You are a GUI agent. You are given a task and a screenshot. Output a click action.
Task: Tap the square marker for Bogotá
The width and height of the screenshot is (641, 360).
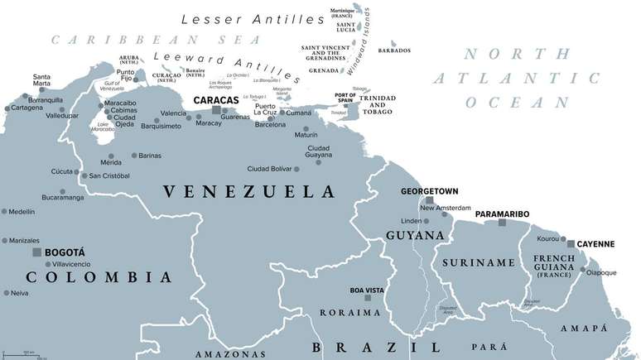[x=36, y=252]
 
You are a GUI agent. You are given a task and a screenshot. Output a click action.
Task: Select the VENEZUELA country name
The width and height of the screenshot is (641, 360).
[x=248, y=192]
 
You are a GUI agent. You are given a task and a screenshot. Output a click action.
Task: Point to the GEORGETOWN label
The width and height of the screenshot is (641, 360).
[x=429, y=190]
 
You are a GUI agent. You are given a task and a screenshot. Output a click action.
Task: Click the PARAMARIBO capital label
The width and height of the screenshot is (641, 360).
[x=502, y=214]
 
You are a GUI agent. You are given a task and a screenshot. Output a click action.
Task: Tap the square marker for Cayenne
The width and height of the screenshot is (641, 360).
[x=571, y=243]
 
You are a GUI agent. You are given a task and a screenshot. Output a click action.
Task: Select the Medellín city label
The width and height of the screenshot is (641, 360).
[x=22, y=212]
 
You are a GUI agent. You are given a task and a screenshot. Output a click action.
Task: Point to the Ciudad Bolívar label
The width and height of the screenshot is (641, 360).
[x=269, y=169]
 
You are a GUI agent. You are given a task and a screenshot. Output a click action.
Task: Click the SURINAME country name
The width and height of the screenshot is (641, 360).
[x=468, y=262]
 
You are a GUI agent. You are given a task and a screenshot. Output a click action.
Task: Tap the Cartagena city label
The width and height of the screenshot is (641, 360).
[x=27, y=108]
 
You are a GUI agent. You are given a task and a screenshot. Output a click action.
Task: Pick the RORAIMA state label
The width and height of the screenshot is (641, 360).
[x=351, y=314]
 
